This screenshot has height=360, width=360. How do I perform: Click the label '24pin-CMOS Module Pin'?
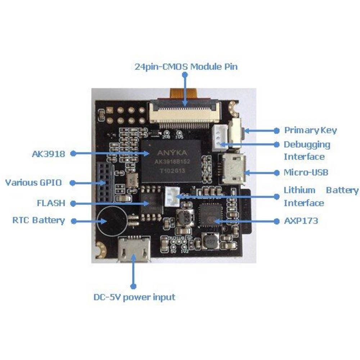pyautogui.click(x=186, y=67)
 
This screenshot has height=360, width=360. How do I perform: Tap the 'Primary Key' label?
pyautogui.click(x=310, y=130)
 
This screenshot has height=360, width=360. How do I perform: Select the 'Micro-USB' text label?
pyautogui.click(x=306, y=172)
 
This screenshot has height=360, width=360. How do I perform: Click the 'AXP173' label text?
pyautogui.click(x=301, y=221)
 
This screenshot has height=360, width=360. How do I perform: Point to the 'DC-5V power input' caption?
pyautogui.click(x=134, y=297)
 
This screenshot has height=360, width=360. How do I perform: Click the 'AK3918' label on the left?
pyautogui.click(x=48, y=154)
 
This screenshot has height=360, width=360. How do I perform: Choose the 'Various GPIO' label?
pyautogui.click(x=33, y=183)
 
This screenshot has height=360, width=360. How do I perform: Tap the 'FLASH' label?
pyautogui.click(x=51, y=203)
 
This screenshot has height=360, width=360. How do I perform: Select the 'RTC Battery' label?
pyautogui.click(x=39, y=220)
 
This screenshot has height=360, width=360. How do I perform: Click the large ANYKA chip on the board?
pyautogui.click(x=171, y=160)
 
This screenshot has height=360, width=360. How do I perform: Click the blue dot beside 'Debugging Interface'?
pyautogui.click(x=277, y=144)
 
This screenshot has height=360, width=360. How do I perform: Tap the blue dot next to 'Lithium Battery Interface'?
pyautogui.click(x=277, y=197)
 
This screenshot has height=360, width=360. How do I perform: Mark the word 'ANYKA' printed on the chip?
pyautogui.click(x=171, y=153)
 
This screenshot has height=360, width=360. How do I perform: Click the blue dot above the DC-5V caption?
pyautogui.click(x=134, y=286)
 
